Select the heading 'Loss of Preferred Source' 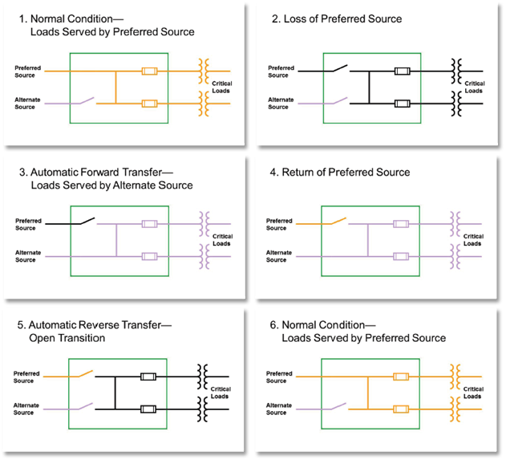(x=342, y=18)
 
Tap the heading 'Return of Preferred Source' (x=346, y=172)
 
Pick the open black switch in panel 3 (x=83, y=222)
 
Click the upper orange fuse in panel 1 (x=149, y=71)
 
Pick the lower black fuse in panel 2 (x=402, y=103)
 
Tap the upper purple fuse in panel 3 (x=150, y=224)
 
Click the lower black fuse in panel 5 (x=148, y=409)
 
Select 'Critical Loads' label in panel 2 (x=475, y=87)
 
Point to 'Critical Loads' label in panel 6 (x=473, y=393)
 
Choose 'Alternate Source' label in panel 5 (x=26, y=409)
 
